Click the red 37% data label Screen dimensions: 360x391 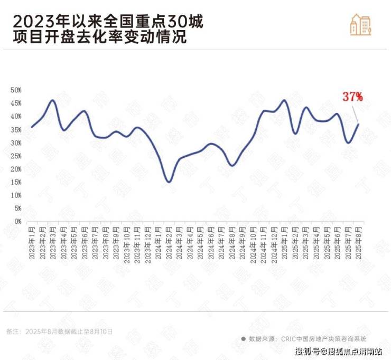[352, 97]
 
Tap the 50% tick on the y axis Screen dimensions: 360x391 [15, 90]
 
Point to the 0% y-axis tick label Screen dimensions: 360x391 [17, 222]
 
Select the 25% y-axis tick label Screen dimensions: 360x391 [15, 156]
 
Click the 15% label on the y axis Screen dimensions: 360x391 [15, 182]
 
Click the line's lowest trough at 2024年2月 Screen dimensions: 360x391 [169, 182]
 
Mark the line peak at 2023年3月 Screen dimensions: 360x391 [53, 100]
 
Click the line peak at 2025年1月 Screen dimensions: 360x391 [285, 100]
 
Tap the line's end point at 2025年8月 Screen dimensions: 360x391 [359, 124]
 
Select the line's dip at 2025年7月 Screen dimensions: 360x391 [348, 143]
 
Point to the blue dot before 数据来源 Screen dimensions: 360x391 [243, 339]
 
